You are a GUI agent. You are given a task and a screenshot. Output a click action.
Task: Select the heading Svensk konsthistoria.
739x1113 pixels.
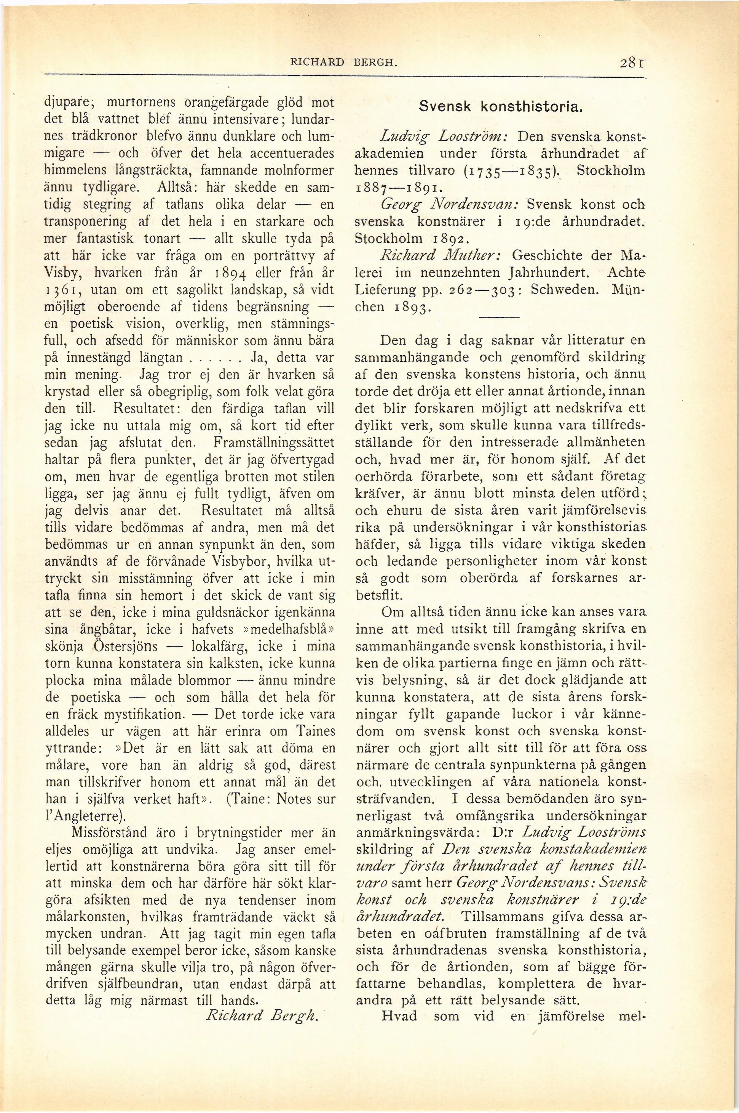tap(501, 107)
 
